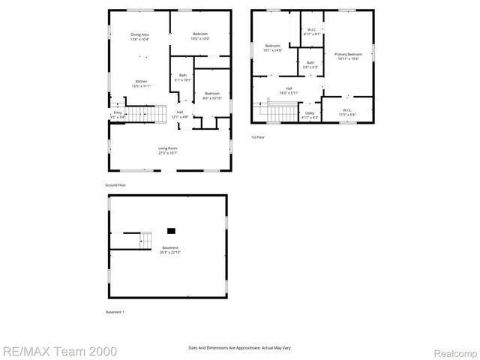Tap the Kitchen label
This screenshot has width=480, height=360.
coord(141,83)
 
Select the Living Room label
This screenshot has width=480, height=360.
coord(167,150)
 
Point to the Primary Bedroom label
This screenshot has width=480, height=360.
coord(348,55)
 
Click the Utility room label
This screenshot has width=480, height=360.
coord(310,115)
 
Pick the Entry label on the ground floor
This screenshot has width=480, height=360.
coord(117,115)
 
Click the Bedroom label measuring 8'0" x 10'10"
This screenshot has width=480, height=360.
coord(212,95)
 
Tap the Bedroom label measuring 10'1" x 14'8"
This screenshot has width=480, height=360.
coord(272,48)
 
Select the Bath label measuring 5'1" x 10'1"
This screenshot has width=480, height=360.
coord(182,76)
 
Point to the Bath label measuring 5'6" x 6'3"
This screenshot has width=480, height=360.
coord(310,64)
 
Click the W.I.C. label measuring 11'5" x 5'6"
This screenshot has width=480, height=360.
coord(347,112)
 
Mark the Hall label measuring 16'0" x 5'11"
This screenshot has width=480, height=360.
coord(288,91)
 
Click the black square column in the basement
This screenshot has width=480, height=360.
coord(171,230)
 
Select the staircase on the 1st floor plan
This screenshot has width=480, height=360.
coord(282,112)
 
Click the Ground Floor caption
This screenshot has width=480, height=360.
coord(115,184)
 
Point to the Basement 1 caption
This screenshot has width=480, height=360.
coord(115,312)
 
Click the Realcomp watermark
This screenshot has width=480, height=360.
coord(454,350)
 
